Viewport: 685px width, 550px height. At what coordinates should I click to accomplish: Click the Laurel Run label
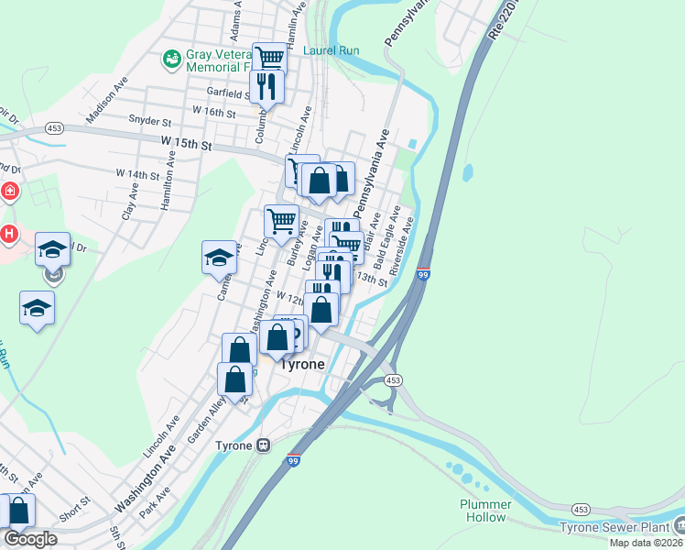332,51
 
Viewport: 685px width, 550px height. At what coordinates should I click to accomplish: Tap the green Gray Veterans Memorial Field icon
171,60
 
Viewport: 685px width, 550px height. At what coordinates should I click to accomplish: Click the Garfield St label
228,93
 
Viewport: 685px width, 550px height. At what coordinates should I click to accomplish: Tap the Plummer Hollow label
484,511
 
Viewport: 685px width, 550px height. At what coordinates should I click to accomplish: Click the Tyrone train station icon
264,445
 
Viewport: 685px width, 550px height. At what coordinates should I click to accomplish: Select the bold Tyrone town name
301,364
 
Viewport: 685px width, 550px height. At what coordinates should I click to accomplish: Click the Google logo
31,539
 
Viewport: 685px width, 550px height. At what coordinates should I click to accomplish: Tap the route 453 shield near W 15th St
54,129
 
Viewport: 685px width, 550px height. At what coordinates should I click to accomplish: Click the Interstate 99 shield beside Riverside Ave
422,273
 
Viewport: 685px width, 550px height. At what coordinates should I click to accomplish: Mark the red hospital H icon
9,234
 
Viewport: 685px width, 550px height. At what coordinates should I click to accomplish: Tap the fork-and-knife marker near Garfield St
266,87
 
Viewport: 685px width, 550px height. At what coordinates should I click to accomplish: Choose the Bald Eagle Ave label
388,234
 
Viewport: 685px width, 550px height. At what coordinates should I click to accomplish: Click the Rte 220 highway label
505,18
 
